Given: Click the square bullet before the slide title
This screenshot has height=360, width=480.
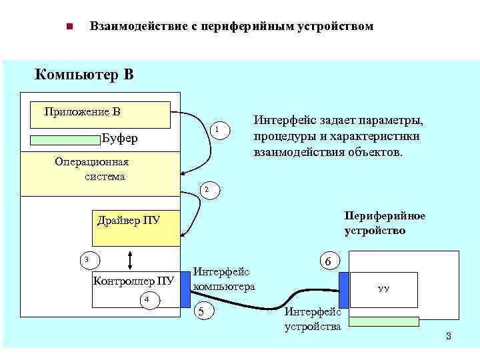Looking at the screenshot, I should click(69, 27).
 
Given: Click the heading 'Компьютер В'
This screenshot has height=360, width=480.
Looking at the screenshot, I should click(84, 74).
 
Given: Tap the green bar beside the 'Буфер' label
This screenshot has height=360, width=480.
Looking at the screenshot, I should click(65, 139).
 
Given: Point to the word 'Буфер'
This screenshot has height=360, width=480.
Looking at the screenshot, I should click(121, 139).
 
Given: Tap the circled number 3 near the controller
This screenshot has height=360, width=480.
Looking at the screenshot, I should click(85, 259).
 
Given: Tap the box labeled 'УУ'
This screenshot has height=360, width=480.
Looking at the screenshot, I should click(384, 289).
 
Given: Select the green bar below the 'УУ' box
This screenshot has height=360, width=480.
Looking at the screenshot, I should click(385, 321).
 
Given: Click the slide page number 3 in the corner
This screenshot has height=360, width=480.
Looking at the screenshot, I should click(449, 336).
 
